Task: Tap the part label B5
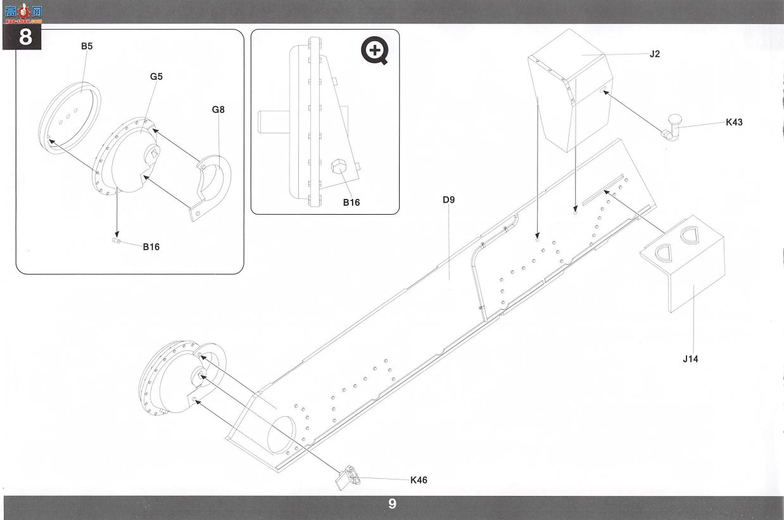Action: [87, 46]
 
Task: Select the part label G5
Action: [156, 77]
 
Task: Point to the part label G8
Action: [218, 110]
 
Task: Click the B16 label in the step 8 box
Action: [151, 247]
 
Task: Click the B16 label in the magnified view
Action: [351, 203]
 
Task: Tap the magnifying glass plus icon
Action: [375, 51]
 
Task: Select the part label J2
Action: [655, 54]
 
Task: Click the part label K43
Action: [734, 122]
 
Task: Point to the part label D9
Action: [449, 200]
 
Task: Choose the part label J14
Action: [690, 359]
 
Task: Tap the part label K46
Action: [419, 479]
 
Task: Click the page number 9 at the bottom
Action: [392, 504]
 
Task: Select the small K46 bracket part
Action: [348, 478]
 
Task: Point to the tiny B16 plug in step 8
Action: [116, 241]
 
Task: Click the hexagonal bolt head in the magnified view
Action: [339, 167]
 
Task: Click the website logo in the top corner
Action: [23, 13]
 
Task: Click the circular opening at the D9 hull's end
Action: [281, 434]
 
